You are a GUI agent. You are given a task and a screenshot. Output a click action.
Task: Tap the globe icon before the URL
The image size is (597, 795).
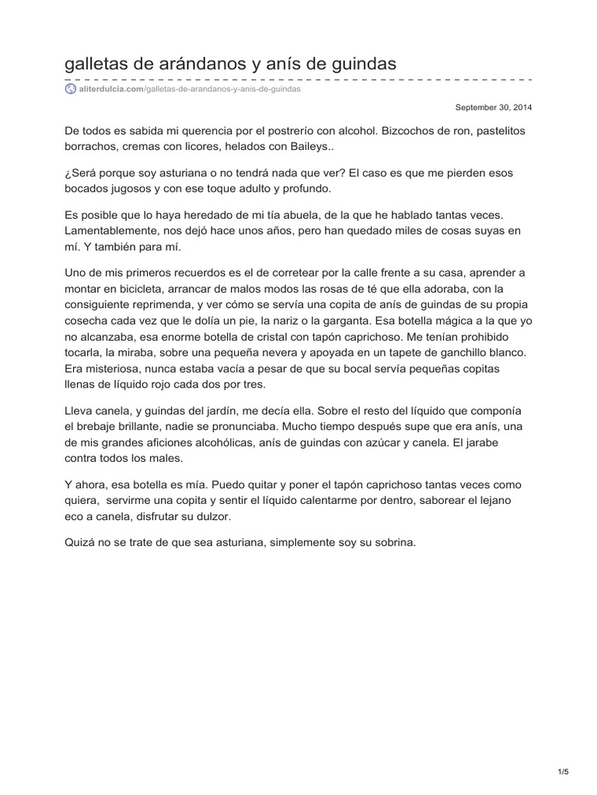[x=71, y=89]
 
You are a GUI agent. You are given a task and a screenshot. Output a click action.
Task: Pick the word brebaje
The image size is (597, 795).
[x=96, y=426]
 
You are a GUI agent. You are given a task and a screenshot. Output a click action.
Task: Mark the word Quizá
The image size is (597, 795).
[x=81, y=543]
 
